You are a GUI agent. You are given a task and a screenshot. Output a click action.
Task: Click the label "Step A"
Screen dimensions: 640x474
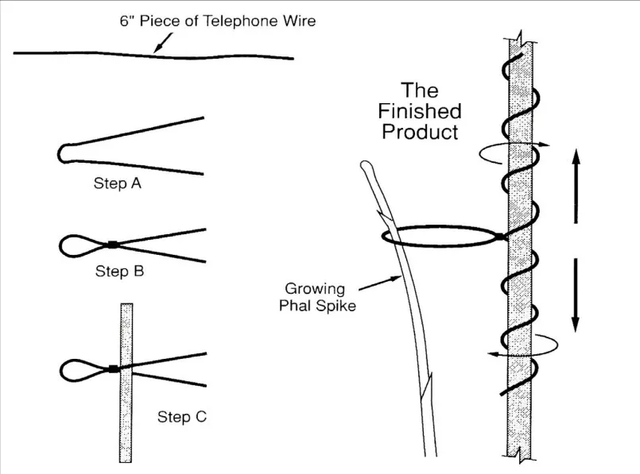[x=118, y=183]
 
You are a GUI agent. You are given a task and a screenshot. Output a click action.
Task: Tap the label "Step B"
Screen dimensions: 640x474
[x=119, y=271]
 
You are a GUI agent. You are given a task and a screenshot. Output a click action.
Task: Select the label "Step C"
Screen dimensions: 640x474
[x=182, y=417]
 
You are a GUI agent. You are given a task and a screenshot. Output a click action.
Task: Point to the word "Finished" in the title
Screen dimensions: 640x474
[x=420, y=111]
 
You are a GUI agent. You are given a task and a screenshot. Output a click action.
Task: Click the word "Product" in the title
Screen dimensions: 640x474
[x=420, y=132]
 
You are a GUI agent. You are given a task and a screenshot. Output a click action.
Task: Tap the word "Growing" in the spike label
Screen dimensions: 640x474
[x=315, y=289]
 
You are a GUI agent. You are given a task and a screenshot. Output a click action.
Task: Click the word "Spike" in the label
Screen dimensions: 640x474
[x=337, y=306]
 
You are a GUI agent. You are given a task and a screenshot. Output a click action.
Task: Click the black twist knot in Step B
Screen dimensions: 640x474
[x=113, y=245]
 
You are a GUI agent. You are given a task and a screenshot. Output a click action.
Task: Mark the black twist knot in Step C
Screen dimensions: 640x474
[x=114, y=369]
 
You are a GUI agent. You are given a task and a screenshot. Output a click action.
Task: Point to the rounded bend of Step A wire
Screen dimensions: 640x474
[x=62, y=154]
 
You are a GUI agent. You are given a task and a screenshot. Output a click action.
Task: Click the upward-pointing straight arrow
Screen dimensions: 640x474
[x=576, y=186]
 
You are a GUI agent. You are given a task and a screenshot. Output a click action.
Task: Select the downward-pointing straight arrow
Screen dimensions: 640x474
[x=576, y=295]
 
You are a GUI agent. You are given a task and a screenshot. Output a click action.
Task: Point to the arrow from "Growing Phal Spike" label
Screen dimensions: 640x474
[x=380, y=284]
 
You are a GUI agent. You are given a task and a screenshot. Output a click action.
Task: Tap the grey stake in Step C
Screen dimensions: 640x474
[x=126, y=383]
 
